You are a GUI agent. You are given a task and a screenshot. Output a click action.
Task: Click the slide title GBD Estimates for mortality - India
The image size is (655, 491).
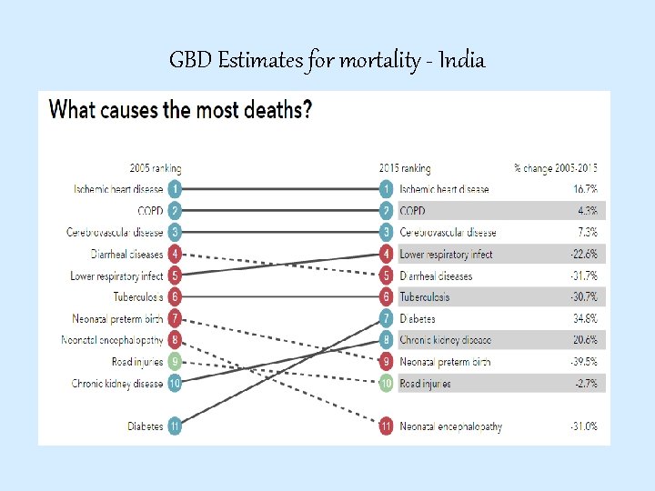327,61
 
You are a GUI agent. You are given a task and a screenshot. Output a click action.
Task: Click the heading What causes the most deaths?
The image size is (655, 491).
180,111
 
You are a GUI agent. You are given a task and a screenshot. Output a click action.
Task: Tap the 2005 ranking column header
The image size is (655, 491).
155,168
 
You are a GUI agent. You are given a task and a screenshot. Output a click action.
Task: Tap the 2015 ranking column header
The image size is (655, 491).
405,168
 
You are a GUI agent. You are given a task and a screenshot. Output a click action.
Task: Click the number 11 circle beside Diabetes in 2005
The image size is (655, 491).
175,426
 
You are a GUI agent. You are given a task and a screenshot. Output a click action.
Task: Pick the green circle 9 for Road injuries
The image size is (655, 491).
175,362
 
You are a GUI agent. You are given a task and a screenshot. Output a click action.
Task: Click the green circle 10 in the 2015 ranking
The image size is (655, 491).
387,384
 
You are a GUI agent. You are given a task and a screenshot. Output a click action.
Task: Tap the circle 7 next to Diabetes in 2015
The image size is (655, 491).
387,319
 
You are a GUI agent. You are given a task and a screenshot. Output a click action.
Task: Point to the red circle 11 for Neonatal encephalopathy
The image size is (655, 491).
387,426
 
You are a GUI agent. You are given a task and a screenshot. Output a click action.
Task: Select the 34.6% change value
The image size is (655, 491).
585,319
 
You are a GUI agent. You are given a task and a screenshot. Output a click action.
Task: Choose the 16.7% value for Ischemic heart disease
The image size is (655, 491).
585,189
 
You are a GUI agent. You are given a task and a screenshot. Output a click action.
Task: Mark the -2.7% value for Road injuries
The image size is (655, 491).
585,384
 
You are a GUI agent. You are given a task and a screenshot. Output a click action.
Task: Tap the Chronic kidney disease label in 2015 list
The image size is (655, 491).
445,340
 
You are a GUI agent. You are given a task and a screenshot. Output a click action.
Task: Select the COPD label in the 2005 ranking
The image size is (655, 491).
149,211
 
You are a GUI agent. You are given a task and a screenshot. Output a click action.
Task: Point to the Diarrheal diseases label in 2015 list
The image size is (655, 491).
436,276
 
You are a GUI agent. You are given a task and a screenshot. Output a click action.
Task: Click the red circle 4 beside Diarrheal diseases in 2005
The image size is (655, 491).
175,254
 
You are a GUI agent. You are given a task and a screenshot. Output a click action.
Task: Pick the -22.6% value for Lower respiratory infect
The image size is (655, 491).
582,255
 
